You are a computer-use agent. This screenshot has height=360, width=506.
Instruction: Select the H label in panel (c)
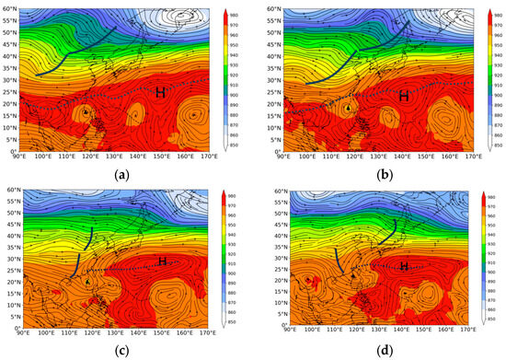pyautogui.click(x=163, y=261)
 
